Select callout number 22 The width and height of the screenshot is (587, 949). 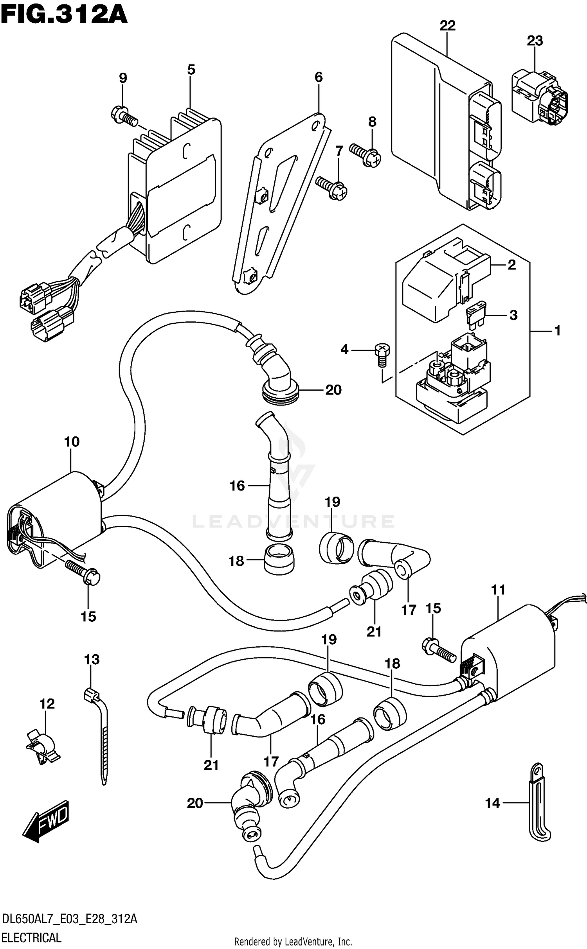(447, 26)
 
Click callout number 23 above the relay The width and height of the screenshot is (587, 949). (535, 41)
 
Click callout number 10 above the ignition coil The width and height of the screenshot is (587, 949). (72, 442)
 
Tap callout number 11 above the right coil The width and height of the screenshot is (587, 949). (499, 590)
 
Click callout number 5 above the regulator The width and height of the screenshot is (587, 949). (191, 70)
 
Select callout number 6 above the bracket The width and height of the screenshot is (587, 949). (319, 77)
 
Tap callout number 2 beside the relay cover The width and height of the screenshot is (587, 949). (511, 265)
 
